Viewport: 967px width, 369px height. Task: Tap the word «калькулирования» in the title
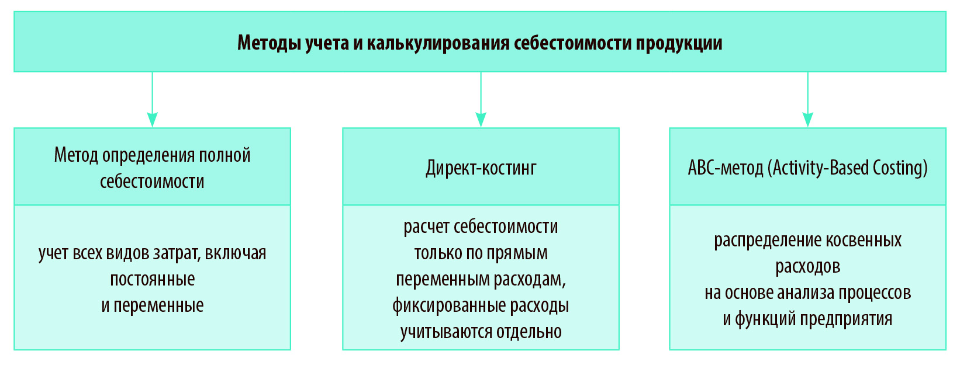tap(438, 43)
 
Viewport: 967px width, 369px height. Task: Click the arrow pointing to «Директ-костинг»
tap(481, 99)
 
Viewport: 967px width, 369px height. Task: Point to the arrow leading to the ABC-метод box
tap(808, 99)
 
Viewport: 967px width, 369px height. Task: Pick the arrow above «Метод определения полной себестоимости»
tap(153, 99)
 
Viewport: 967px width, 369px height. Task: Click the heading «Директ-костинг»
tap(481, 168)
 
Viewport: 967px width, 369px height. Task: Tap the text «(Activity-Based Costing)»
tap(847, 168)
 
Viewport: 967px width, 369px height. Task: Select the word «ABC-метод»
tap(725, 168)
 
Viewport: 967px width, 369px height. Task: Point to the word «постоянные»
tap(153, 279)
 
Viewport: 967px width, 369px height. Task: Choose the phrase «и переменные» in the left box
tap(153, 305)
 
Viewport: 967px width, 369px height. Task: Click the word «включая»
tap(235, 253)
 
